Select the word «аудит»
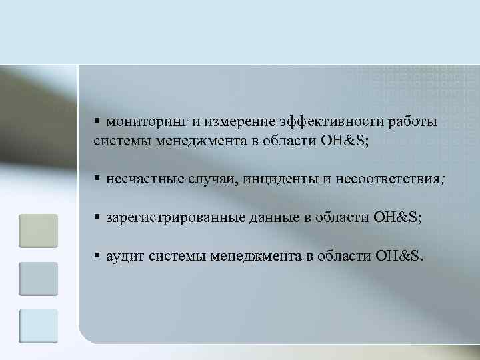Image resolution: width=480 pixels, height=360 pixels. point(126,255)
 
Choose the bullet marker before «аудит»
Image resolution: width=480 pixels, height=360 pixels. point(97,255)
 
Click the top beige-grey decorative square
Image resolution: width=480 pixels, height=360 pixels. point(39,230)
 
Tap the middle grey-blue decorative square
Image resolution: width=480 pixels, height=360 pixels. point(39,278)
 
